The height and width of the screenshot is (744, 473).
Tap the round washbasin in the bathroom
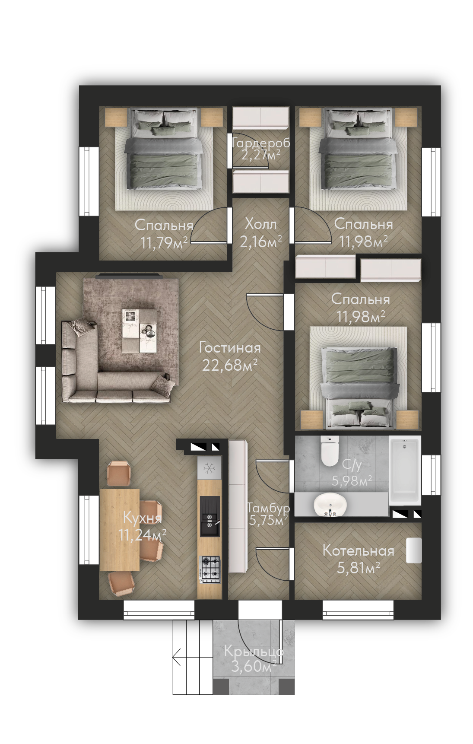tap(330, 505)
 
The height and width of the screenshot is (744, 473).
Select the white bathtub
tap(405, 471)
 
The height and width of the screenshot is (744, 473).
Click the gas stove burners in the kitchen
tap(210, 568)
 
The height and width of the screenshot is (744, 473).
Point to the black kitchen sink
tap(210, 516)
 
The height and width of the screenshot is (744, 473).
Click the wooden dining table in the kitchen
tap(120, 530)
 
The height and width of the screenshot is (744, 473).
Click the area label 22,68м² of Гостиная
tap(230, 365)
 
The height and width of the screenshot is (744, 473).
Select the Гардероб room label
tap(261, 143)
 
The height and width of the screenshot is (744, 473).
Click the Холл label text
tap(260, 224)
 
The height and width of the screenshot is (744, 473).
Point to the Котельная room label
tap(358, 551)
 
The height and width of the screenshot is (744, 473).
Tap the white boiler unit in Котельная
tap(414, 550)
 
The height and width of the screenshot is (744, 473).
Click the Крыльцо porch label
tap(254, 652)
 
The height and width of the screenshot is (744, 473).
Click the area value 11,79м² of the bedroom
tap(164, 243)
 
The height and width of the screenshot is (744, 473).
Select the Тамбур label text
tap(268, 509)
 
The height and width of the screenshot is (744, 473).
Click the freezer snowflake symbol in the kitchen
tap(209, 468)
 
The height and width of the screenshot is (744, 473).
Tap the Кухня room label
tap(142, 518)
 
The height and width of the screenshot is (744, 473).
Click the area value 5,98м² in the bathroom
tap(352, 480)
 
